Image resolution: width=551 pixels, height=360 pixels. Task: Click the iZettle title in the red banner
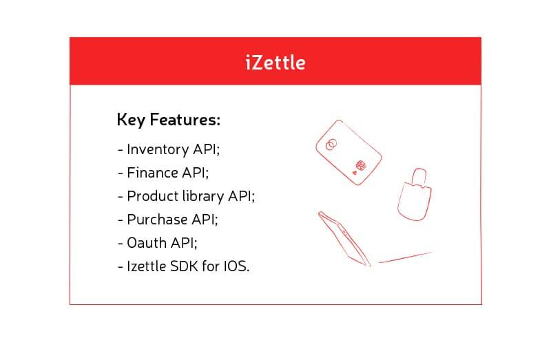coord(275,63)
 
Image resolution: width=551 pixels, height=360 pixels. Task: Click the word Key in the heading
coord(131,120)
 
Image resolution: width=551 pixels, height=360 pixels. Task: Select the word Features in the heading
coord(185,119)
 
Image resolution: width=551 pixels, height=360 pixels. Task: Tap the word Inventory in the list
coord(158,149)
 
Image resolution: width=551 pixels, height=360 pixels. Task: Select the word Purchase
coord(157,220)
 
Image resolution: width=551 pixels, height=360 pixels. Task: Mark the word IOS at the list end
coord(237,266)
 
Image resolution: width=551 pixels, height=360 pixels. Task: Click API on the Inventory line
coord(206,149)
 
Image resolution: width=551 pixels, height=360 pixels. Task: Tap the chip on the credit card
coord(361,165)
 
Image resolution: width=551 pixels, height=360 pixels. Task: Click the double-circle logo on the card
coord(331,144)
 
